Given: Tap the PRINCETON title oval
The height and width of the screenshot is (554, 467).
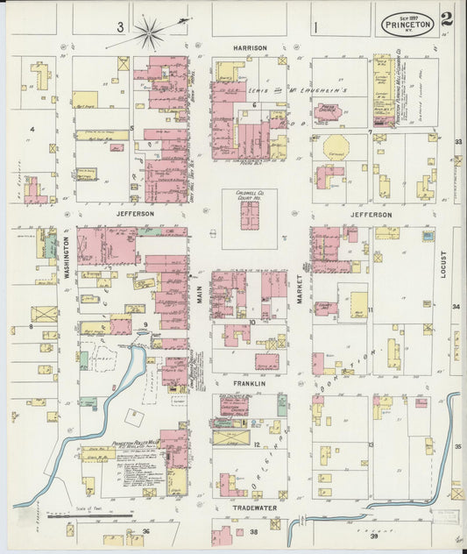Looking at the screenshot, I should (406, 25).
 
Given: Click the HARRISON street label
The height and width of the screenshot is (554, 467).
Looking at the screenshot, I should (249, 47).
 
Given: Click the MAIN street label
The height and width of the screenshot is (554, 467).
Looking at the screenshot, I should (199, 297).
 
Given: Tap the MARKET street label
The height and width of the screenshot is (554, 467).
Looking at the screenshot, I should (299, 287).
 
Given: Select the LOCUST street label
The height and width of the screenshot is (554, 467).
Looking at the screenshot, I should (443, 262).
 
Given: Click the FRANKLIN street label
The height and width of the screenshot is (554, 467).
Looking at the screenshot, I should (249, 383).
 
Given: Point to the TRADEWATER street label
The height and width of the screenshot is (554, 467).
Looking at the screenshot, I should (254, 507).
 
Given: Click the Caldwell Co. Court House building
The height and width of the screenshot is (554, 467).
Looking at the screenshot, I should (250, 215).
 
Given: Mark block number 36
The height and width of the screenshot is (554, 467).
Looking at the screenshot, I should (146, 531).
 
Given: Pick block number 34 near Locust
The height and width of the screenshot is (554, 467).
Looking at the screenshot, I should (456, 307).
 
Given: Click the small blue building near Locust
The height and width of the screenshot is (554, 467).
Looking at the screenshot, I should (428, 236).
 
